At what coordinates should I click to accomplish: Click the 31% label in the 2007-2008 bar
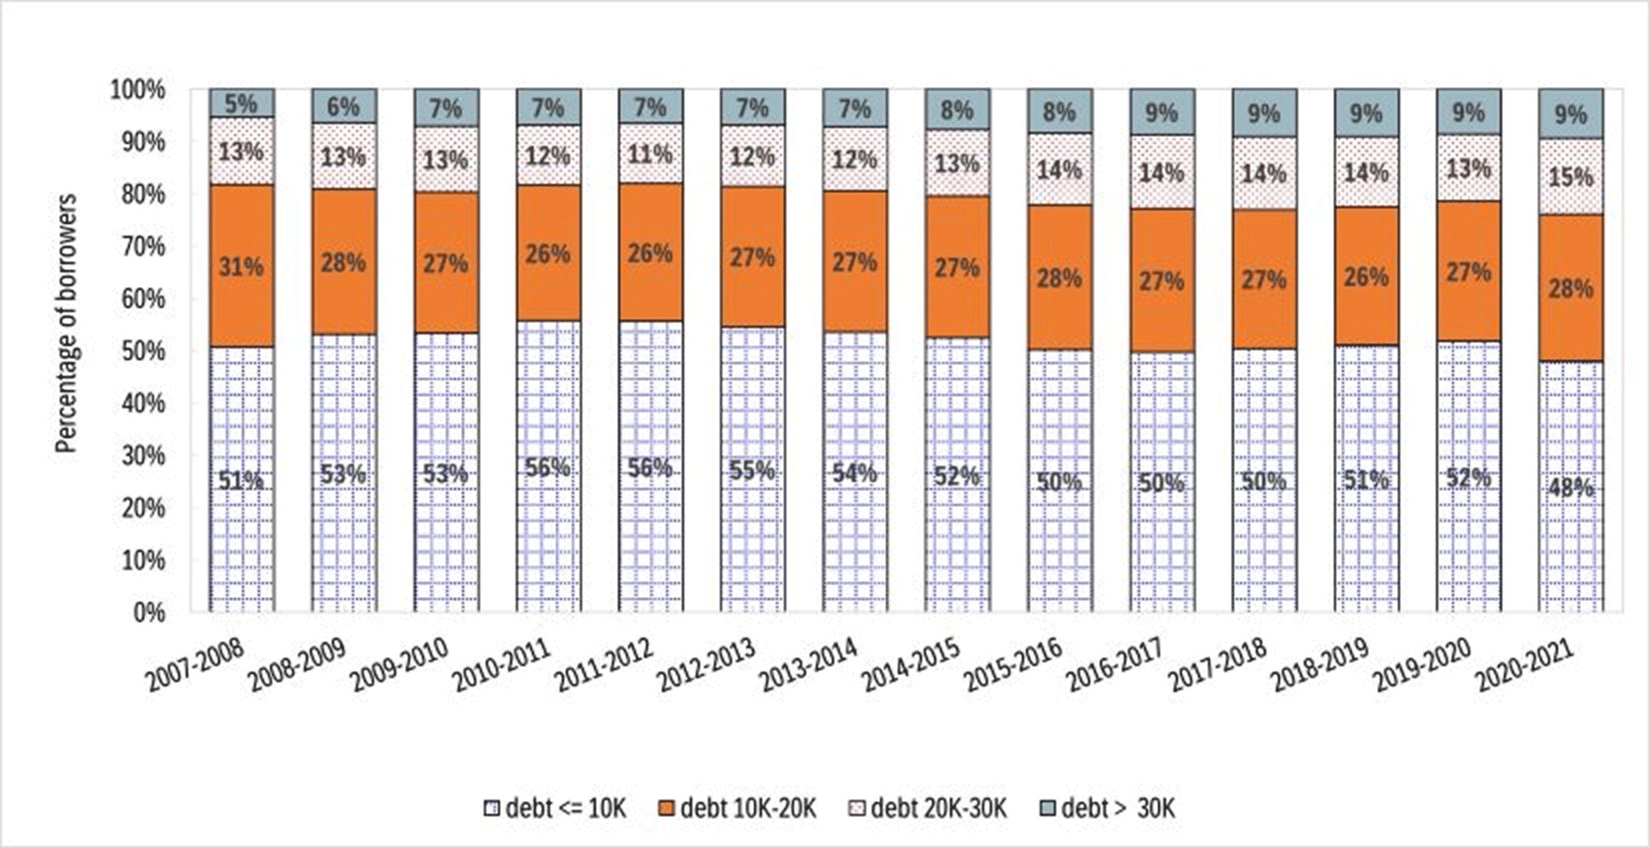coord(241,267)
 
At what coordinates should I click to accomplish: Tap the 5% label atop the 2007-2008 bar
coord(241,103)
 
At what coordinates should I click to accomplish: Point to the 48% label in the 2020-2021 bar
coord(1571,488)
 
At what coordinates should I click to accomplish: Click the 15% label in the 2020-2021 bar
coord(1571,177)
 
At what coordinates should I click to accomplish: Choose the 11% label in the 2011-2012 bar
coord(650,155)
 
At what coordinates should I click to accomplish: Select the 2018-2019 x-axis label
coord(1321,665)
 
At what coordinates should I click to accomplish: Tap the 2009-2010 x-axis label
coord(399,665)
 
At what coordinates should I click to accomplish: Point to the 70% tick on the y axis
coord(143,247)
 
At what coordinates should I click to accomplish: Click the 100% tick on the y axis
coord(139,90)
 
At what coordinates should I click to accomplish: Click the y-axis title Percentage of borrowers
coord(68,323)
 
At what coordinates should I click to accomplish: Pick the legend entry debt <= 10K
coord(555,809)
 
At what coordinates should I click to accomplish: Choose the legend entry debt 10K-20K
coord(738,809)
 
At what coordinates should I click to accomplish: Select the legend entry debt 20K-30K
coord(928,809)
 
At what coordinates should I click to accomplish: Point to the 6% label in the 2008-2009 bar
coord(343,106)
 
